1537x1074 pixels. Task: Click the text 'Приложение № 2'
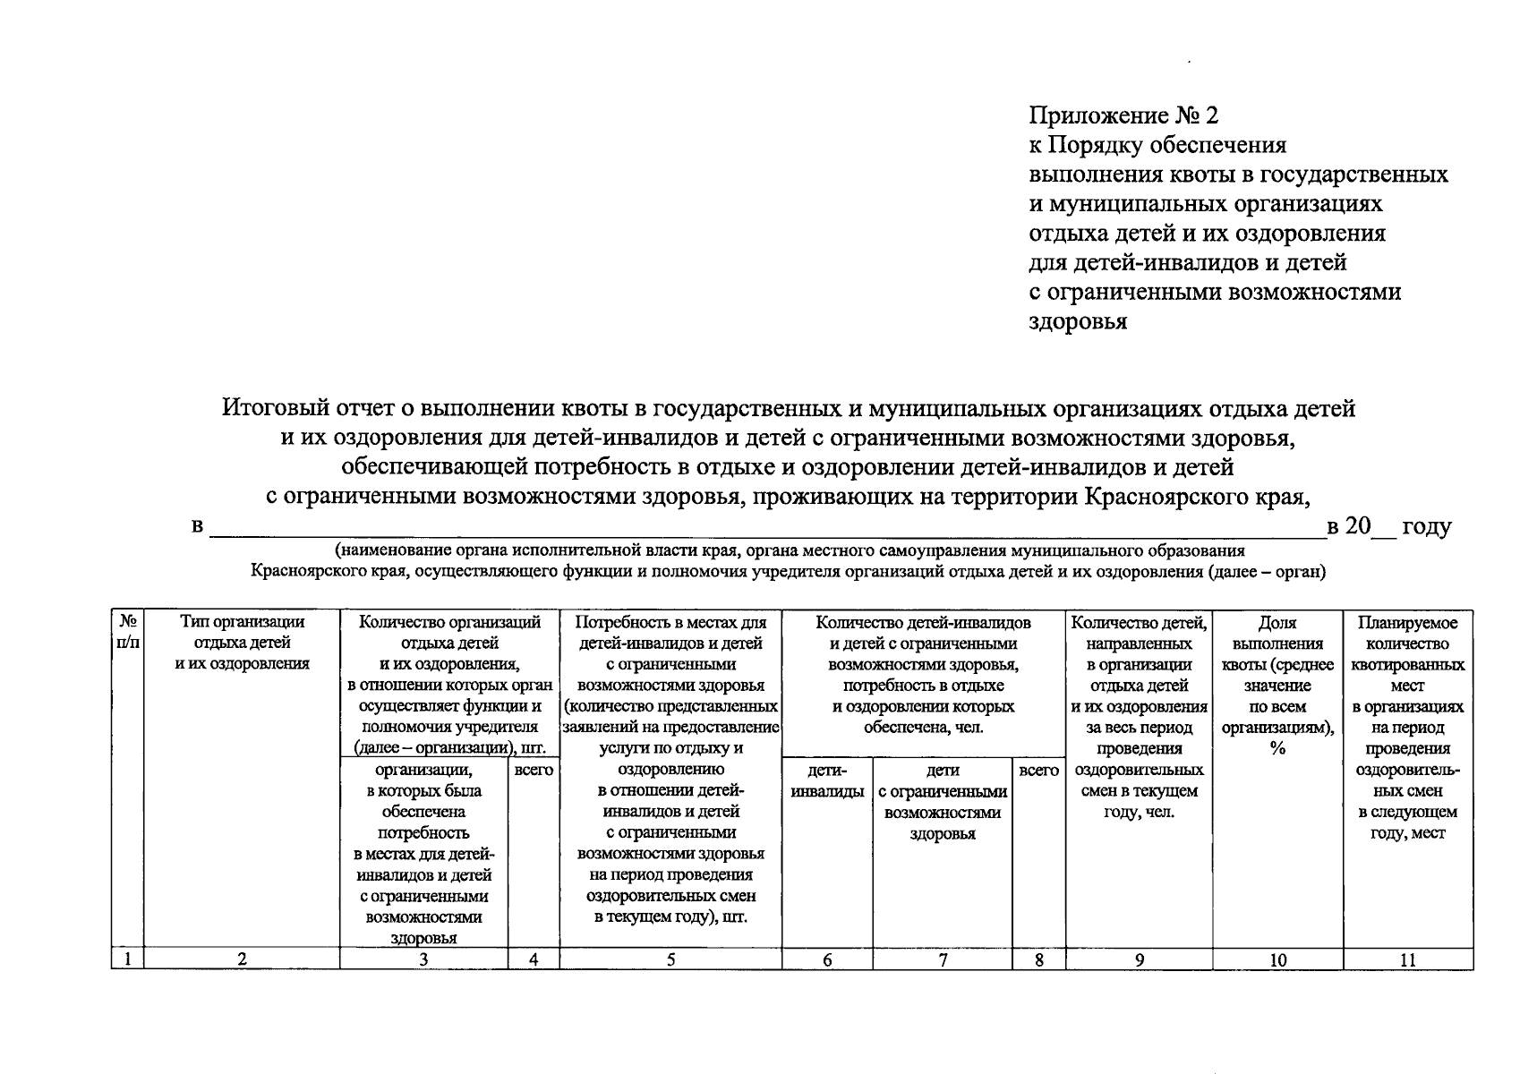tap(1123, 116)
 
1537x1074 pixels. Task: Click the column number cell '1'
tap(127, 959)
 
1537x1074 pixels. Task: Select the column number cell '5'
tap(670, 959)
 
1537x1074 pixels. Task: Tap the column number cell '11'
tap(1407, 959)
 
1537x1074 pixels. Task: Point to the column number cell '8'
tap(1038, 959)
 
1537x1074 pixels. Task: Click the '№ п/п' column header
tap(127, 633)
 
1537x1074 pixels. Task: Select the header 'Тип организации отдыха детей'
tap(242, 643)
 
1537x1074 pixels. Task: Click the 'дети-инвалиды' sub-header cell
tap(827, 780)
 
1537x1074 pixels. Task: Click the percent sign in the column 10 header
tap(1277, 748)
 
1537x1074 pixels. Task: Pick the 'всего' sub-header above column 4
tap(534, 770)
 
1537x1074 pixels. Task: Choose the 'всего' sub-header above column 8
tap(1038, 770)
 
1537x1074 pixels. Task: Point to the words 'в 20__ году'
tap(1388, 526)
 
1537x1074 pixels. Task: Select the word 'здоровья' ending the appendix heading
tap(1078, 321)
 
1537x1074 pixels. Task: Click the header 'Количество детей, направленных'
tap(1139, 633)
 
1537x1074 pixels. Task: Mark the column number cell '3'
tap(423, 959)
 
